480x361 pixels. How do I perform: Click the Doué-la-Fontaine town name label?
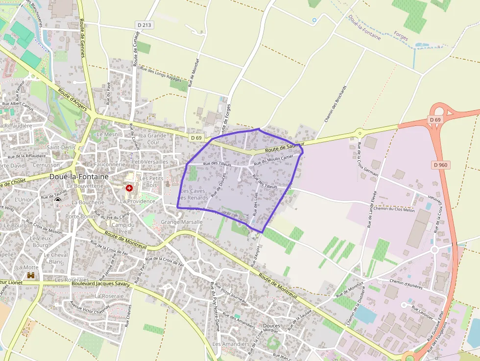pos(79,176)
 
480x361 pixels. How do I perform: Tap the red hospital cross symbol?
pos(129,188)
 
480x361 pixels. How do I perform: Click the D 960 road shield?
pos(440,165)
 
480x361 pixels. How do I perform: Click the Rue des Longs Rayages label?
pos(161,74)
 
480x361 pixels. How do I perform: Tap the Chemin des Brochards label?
pos(336,103)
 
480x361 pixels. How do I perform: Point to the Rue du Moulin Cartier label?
pos(274,159)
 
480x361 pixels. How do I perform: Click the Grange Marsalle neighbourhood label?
pos(182,222)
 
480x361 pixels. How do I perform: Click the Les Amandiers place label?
pos(231,344)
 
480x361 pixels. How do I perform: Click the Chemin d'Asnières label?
pos(406,284)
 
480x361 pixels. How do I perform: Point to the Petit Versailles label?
pos(150,162)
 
